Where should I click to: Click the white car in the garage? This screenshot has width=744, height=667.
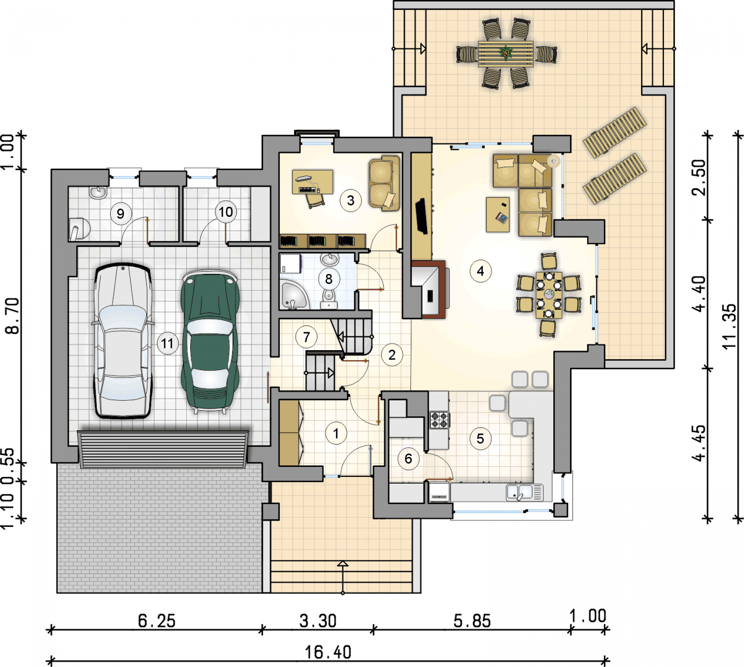[x=123, y=341]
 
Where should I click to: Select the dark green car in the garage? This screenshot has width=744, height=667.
[x=210, y=341]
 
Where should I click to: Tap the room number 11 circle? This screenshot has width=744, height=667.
[x=167, y=344]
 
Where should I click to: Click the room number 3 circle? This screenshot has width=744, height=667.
[x=351, y=201]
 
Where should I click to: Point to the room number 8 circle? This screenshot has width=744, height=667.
[x=329, y=279]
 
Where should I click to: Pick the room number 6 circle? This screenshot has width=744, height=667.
[x=408, y=459]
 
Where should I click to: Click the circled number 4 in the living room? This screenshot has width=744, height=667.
[x=480, y=271]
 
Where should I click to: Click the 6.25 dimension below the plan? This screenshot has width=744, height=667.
[x=157, y=621]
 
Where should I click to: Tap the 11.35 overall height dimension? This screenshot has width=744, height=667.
[x=730, y=326]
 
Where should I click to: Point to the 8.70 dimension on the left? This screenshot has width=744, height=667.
[x=12, y=316]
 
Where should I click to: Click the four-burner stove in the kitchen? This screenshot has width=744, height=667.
[x=440, y=420]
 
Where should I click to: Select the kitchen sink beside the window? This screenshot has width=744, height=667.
[x=525, y=492]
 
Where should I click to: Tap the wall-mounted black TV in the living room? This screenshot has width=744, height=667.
[x=421, y=216]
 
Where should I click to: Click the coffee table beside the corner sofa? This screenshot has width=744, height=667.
[x=498, y=215]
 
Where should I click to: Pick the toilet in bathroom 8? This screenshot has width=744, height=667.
[x=328, y=298]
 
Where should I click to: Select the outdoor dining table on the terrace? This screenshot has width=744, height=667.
[x=505, y=53]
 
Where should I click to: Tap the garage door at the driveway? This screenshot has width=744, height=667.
[x=163, y=449]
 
